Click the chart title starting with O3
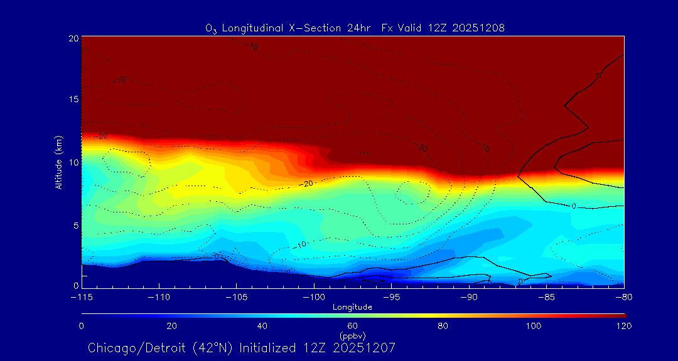[355, 28]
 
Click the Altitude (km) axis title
[58, 162]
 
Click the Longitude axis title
[352, 307]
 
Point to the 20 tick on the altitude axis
[73, 38]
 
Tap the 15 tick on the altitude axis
[73, 100]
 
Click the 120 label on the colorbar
[623, 326]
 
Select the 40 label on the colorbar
[262, 326]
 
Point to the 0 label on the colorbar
[82, 326]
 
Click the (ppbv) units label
[352, 335]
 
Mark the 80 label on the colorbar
[443, 326]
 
